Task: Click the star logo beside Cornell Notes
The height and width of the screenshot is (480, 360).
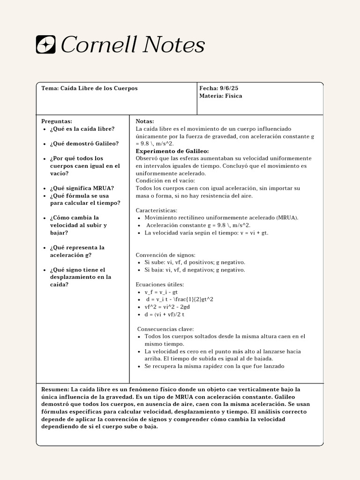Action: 46,45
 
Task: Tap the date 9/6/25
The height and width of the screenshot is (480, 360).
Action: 228,88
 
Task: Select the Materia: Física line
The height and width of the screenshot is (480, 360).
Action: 220,96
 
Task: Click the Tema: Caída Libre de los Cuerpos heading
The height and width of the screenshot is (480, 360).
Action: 90,88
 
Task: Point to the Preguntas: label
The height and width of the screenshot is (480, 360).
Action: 57,121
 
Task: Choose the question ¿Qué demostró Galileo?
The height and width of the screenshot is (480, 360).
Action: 84,143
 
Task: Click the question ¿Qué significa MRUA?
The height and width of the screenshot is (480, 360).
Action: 82,188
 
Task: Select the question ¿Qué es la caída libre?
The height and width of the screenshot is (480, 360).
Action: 82,128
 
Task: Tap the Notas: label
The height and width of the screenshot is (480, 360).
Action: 145,121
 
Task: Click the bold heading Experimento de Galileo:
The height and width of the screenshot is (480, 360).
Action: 172,151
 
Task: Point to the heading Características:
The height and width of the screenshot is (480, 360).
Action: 157,210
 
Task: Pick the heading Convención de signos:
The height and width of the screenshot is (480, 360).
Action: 165,255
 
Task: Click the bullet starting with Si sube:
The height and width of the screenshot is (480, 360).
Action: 195,262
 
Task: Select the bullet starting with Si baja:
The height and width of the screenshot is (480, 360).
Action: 195,270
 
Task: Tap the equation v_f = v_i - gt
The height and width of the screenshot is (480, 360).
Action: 161,292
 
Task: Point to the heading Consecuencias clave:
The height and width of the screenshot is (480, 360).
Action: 165,329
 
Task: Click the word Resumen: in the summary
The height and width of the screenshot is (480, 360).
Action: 55,389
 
